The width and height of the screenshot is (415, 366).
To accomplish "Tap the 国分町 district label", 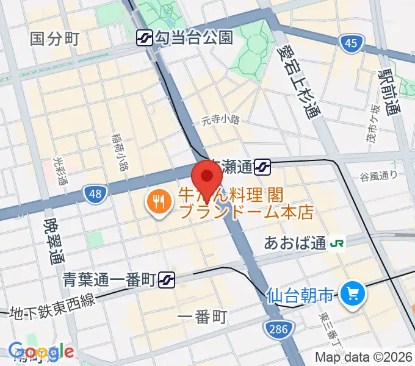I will (55, 39).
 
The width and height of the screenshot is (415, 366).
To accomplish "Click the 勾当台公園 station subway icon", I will (145, 38).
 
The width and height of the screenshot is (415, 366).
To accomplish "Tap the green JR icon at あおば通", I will (337, 243).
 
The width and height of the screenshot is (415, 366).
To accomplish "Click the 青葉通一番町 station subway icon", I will (166, 280).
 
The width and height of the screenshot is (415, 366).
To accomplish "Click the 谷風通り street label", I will (378, 176).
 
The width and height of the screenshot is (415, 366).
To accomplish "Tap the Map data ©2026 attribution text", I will (364, 357).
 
